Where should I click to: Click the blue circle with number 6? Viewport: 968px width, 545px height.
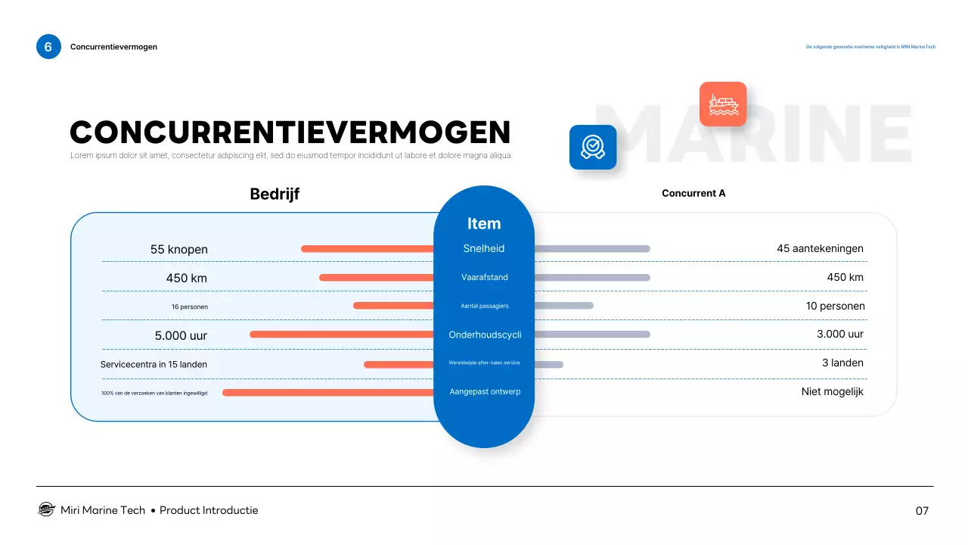[48, 47]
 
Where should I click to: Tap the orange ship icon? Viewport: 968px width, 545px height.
[723, 104]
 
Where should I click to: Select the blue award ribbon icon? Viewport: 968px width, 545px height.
[593, 147]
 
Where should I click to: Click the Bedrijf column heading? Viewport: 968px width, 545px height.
[275, 194]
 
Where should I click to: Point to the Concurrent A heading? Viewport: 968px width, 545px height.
[693, 193]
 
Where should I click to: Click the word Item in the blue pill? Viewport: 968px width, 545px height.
[484, 223]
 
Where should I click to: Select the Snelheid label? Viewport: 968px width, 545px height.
[484, 248]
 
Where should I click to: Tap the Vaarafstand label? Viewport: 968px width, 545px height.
[485, 277]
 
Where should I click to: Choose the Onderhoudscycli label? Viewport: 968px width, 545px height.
[485, 335]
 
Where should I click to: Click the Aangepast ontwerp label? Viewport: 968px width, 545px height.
[485, 391]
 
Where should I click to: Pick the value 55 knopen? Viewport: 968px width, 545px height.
[178, 249]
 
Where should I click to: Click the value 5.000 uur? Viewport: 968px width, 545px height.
[181, 335]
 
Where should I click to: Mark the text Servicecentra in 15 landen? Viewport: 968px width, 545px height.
[154, 364]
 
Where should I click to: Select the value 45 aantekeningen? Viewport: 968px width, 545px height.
[820, 248]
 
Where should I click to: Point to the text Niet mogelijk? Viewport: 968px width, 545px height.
[832, 391]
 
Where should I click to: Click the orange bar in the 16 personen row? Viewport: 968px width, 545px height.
[393, 306]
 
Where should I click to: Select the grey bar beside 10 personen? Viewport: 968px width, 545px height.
[563, 306]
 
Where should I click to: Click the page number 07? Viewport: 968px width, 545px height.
[922, 511]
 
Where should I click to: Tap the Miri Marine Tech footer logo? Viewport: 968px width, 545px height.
[46, 509]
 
